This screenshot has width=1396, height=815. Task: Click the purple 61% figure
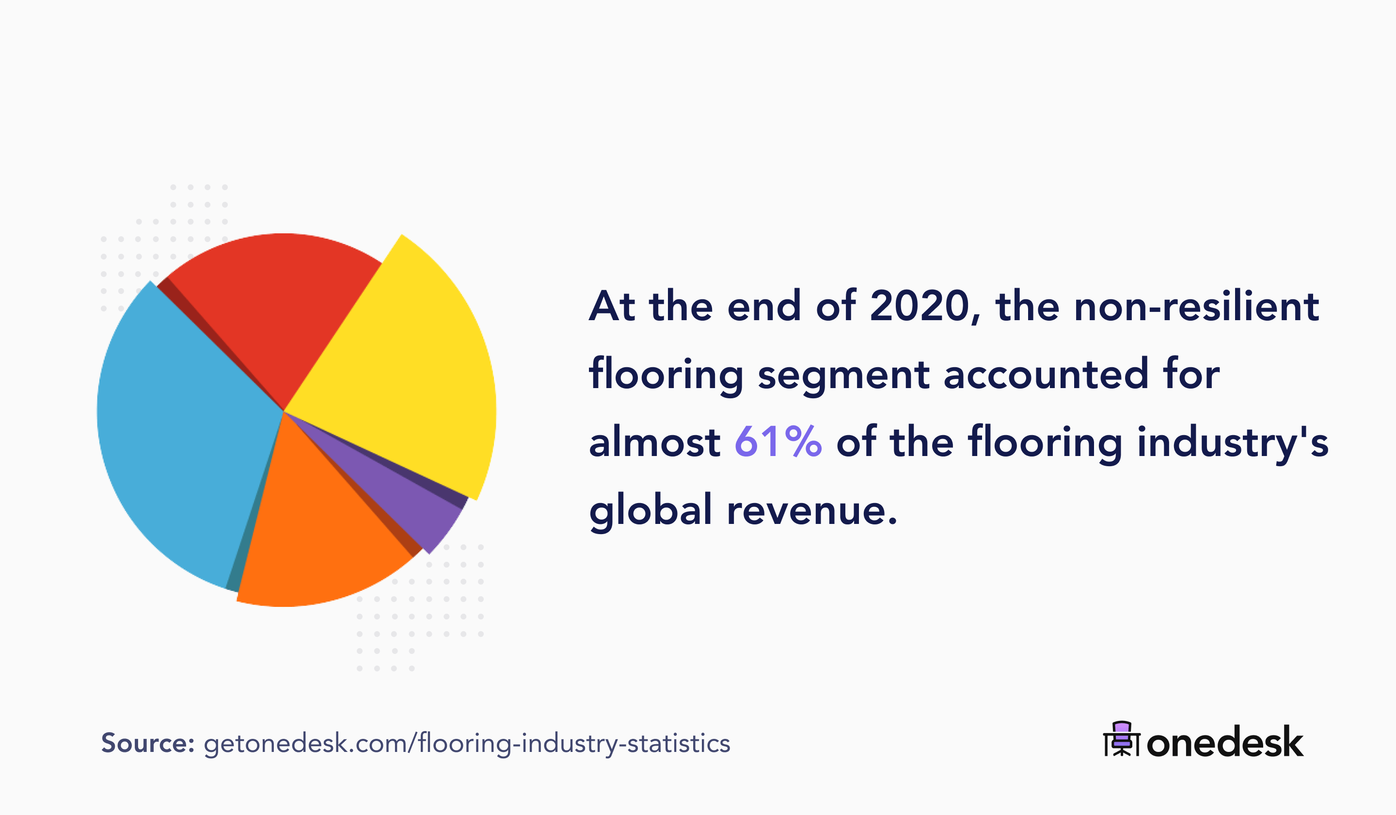pyautogui.click(x=778, y=442)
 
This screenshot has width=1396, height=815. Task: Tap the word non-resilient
pyautogui.click(x=1197, y=306)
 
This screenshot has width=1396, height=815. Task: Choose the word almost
pyautogui.click(x=654, y=442)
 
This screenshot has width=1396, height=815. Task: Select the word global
pyautogui.click(x=650, y=510)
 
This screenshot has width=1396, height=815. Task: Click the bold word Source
pyautogui.click(x=147, y=743)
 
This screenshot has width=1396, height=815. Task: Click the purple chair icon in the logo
pyautogui.click(x=1122, y=738)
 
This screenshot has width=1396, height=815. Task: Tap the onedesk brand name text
pyautogui.click(x=1225, y=742)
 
